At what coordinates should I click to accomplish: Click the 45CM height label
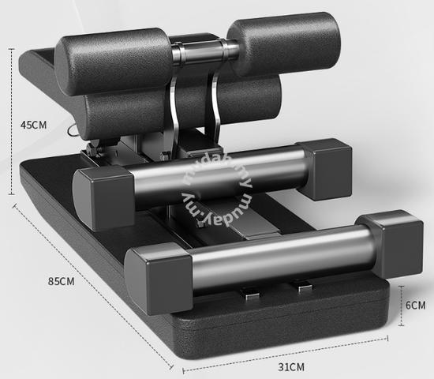point(33,125)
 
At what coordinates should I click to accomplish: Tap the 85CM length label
point(62,281)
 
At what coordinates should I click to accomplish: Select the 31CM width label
point(291,367)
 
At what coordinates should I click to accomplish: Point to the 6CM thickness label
point(415,305)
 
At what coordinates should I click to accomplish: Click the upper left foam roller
point(114,60)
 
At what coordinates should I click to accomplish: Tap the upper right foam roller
point(285,43)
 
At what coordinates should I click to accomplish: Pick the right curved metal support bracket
point(215,108)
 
